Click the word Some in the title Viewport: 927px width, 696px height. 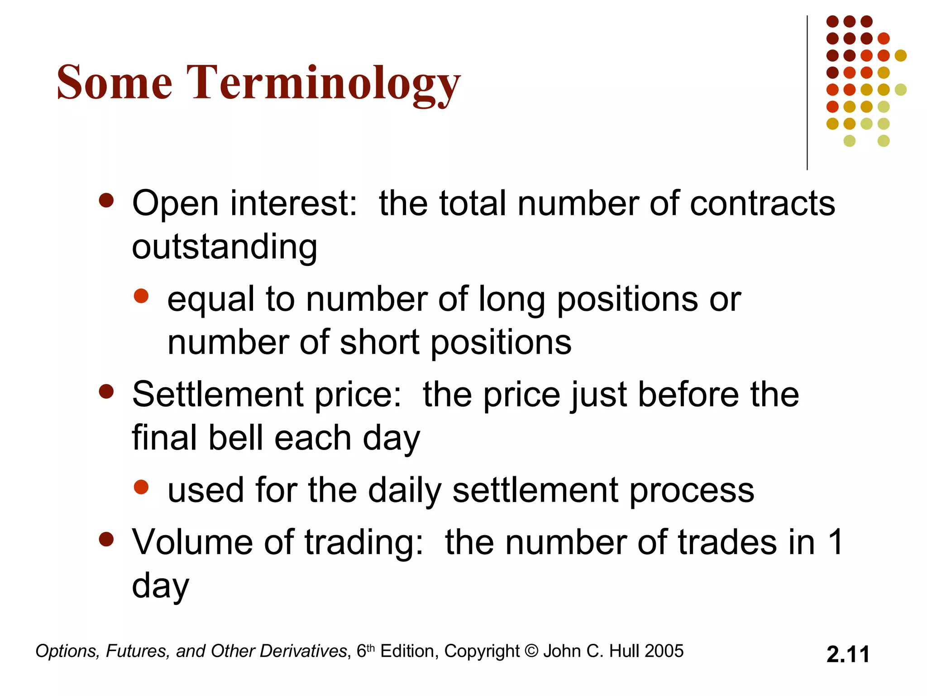point(115,82)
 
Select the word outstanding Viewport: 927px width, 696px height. point(225,247)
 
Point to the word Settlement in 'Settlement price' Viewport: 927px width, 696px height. point(217,395)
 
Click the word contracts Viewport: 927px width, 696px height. point(762,203)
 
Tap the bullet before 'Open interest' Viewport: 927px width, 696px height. point(106,201)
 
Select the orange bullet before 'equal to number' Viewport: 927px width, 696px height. point(141,296)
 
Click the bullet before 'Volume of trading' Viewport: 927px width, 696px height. point(106,539)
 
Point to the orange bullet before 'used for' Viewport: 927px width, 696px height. point(141,487)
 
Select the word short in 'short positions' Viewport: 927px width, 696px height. point(380,343)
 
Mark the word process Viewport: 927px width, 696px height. point(692,491)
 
